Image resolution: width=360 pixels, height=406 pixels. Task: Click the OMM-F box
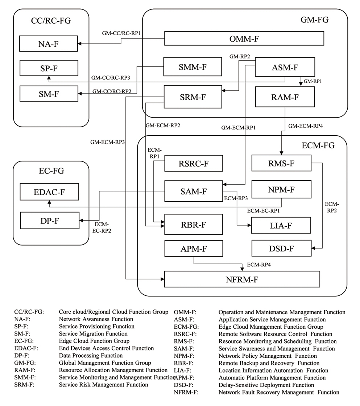pos(244,38)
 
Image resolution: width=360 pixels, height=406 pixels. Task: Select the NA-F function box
pos(49,44)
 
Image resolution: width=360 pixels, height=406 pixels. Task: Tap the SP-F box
pos(49,68)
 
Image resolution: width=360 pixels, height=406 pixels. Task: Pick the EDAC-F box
pos(49,192)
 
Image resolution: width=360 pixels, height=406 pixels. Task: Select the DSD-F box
pos(281,249)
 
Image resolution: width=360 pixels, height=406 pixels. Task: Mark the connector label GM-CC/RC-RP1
pos(121,33)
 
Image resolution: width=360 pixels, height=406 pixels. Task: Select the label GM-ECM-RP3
pos(108,142)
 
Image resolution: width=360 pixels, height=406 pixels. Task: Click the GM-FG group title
pos(315,20)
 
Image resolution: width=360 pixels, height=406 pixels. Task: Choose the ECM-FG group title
pos(318,146)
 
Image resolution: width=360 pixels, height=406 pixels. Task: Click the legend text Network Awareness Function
pos(96,319)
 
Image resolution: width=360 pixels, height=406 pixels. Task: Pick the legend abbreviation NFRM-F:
pos(186,392)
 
